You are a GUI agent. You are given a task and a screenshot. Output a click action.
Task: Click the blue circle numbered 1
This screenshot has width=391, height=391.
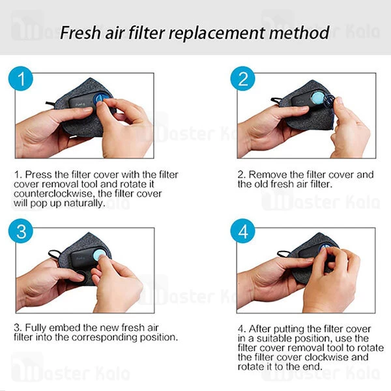click(21, 79)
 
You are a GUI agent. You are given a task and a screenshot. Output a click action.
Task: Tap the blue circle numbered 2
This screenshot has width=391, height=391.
click(242, 79)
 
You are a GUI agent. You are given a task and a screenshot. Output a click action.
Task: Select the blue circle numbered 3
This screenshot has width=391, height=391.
click(21, 231)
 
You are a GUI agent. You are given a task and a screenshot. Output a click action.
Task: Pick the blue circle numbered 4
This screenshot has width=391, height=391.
click(242, 231)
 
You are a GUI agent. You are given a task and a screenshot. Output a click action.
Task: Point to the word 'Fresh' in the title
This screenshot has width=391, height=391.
click(80, 33)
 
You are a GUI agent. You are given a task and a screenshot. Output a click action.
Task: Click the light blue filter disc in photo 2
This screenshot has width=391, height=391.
click(317, 98)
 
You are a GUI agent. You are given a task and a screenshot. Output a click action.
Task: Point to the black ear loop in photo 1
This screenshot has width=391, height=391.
click(51, 103)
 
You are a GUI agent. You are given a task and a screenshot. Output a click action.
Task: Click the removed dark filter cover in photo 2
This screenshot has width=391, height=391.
click(329, 101)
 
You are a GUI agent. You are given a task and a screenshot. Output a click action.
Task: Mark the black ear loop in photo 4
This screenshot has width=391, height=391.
click(283, 253)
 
